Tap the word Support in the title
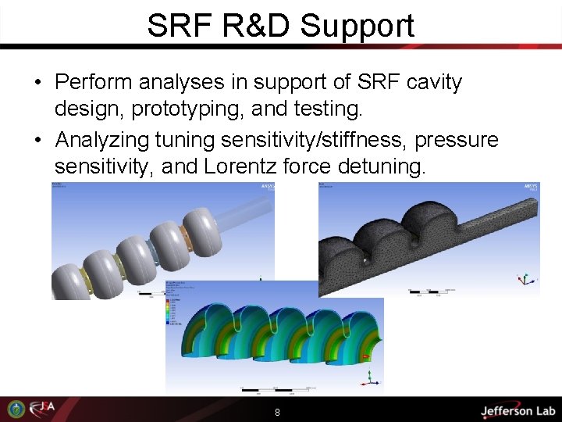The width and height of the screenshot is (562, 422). (357, 27)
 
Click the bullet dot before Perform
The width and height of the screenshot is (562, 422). (37, 83)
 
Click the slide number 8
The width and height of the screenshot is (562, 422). (277, 412)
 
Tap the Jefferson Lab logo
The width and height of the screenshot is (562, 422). (518, 410)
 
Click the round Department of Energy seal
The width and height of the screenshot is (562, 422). (15, 409)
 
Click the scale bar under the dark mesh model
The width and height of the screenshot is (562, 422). (425, 292)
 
